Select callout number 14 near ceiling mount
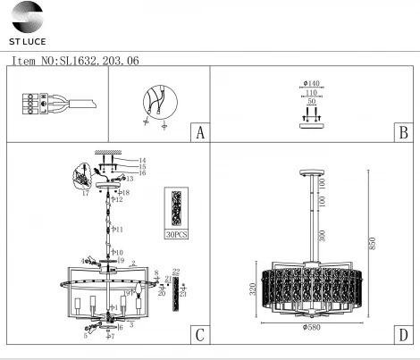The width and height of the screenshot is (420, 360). (142, 160)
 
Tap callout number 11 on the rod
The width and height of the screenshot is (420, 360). (119, 230)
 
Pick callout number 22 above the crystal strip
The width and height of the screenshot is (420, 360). (176, 271)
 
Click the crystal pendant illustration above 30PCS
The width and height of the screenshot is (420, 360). (177, 207)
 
